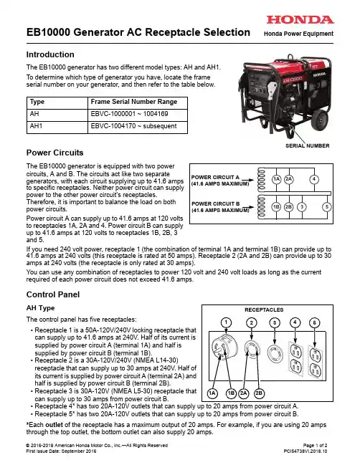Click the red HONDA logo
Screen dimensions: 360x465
(300, 20)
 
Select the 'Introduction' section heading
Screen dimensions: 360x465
(50, 54)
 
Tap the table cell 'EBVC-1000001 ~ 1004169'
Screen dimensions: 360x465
(129, 114)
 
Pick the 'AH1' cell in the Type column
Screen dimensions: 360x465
(36, 126)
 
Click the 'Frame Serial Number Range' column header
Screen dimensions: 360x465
(134, 102)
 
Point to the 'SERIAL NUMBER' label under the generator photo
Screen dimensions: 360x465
(308, 146)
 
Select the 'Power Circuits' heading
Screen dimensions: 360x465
(55, 153)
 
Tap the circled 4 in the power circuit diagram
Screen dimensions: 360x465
(314, 179)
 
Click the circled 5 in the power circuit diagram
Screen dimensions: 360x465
(327, 206)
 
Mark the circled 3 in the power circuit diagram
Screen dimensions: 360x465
(302, 206)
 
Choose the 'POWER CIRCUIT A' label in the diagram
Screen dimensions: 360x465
(215, 178)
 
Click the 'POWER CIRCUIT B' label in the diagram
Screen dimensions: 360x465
(215, 203)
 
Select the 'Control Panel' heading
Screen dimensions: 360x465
(53, 294)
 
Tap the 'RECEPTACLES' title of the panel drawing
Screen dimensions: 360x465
(264, 310)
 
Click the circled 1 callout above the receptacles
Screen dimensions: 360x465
(226, 322)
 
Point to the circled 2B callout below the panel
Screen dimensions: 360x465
(259, 393)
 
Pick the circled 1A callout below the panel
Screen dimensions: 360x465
(212, 393)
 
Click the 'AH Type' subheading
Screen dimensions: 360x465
(40, 308)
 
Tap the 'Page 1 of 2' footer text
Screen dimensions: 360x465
(316, 445)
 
